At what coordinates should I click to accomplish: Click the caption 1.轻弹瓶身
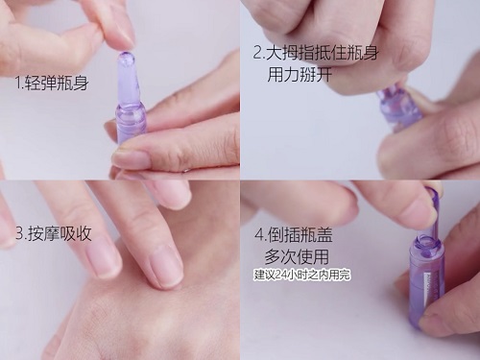pos(52,83)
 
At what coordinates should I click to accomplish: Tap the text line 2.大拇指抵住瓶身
pos(316,53)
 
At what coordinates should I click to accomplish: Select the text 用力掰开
pos(300,74)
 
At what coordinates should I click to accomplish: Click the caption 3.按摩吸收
pos(54,233)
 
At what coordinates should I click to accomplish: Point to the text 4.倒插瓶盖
pos(294,234)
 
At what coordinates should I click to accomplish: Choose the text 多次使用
pos(297,256)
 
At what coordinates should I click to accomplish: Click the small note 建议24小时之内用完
pos(302,275)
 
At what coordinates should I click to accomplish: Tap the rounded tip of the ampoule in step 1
pos(127,59)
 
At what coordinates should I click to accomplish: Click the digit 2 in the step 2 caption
pos(257,53)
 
